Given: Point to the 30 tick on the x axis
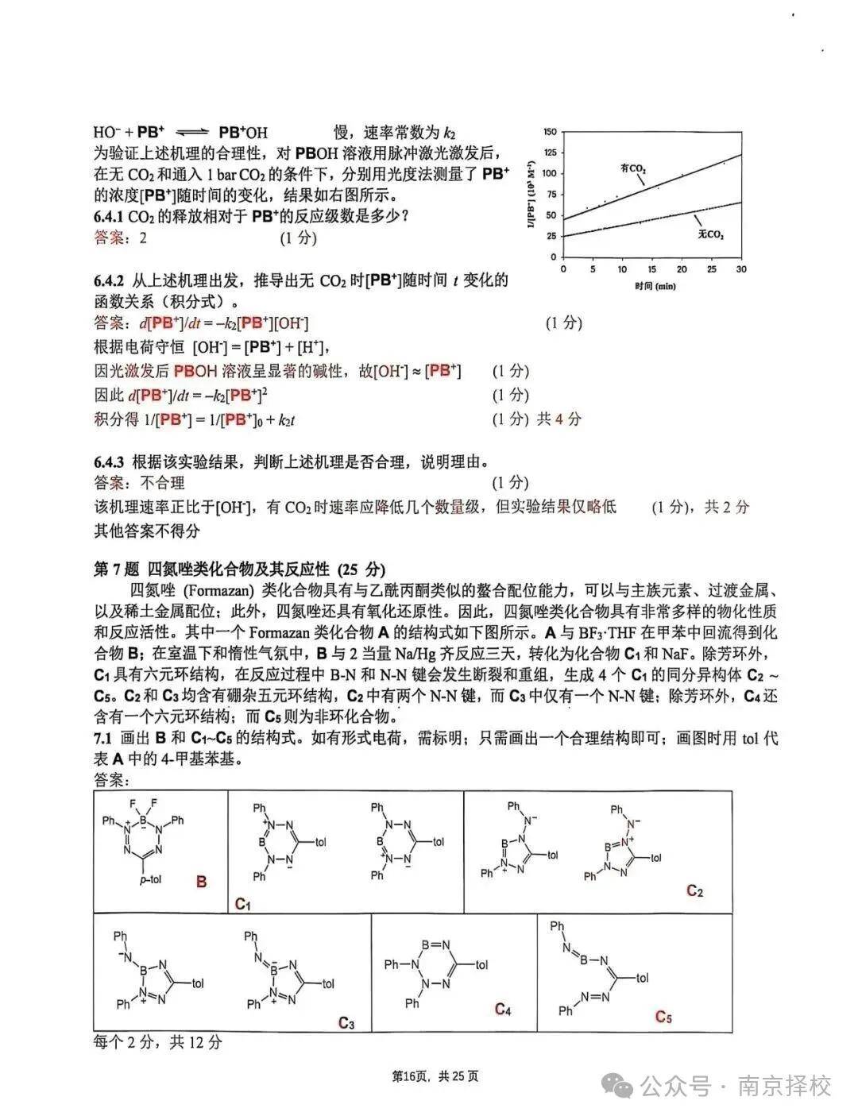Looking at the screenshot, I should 741,269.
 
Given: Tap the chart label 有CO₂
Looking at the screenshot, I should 632,168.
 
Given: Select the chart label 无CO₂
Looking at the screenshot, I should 711,235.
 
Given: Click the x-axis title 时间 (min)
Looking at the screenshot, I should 655,285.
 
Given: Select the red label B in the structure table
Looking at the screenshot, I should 202,882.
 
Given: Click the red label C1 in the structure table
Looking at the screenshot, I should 243,903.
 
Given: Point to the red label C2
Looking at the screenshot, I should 695,891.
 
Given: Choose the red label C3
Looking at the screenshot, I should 346,1022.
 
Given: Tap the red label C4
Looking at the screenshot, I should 502,1009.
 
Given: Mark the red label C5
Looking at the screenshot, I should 664,1016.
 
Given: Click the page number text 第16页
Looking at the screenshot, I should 411,1076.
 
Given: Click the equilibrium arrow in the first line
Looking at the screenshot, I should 191,133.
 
